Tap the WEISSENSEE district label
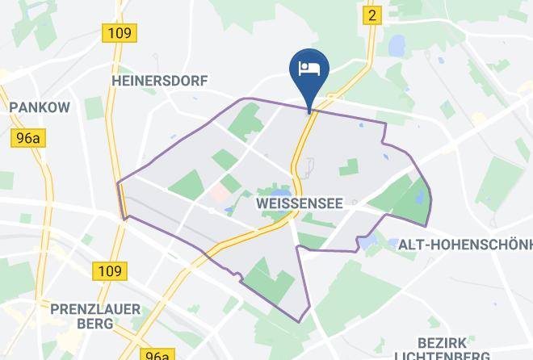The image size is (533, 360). tap(296, 204)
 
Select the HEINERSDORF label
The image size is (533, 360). tap(161, 81)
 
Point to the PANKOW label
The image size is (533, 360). tap(40, 107)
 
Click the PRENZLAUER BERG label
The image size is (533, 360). tap(95, 316)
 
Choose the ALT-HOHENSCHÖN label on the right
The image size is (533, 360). tap(464, 244)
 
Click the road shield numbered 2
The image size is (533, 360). tap(371, 15)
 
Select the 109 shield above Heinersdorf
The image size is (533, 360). tap(119, 33)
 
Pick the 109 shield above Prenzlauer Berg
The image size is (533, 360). tap(107, 270)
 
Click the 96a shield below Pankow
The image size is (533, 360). tap(27, 138)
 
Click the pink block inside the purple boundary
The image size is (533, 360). tap(218, 194)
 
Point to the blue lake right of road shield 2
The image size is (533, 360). tap(397, 45)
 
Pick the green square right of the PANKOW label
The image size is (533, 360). tap(94, 108)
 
